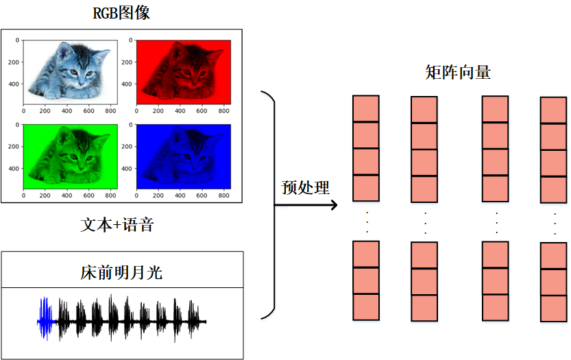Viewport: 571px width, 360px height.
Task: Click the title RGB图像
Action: pos(121,13)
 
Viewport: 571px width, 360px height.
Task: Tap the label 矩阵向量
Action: pos(459,72)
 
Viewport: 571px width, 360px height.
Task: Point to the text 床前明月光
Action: pos(122,273)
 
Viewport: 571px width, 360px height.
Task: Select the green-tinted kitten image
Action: pos(70,154)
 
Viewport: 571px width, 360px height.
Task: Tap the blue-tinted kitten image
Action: pos(184,154)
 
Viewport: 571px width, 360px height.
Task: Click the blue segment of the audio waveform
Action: pos(45,320)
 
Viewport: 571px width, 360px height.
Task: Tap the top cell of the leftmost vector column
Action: pos(366,108)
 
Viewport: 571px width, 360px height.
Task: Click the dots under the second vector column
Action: pos(425,222)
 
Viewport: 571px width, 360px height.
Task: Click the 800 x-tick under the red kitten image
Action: pos(223,110)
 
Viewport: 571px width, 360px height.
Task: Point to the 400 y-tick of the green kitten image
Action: pos(13,169)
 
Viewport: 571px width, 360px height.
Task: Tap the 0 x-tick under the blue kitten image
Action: pos(137,195)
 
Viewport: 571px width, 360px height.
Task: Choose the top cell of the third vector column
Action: pos(496,109)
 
